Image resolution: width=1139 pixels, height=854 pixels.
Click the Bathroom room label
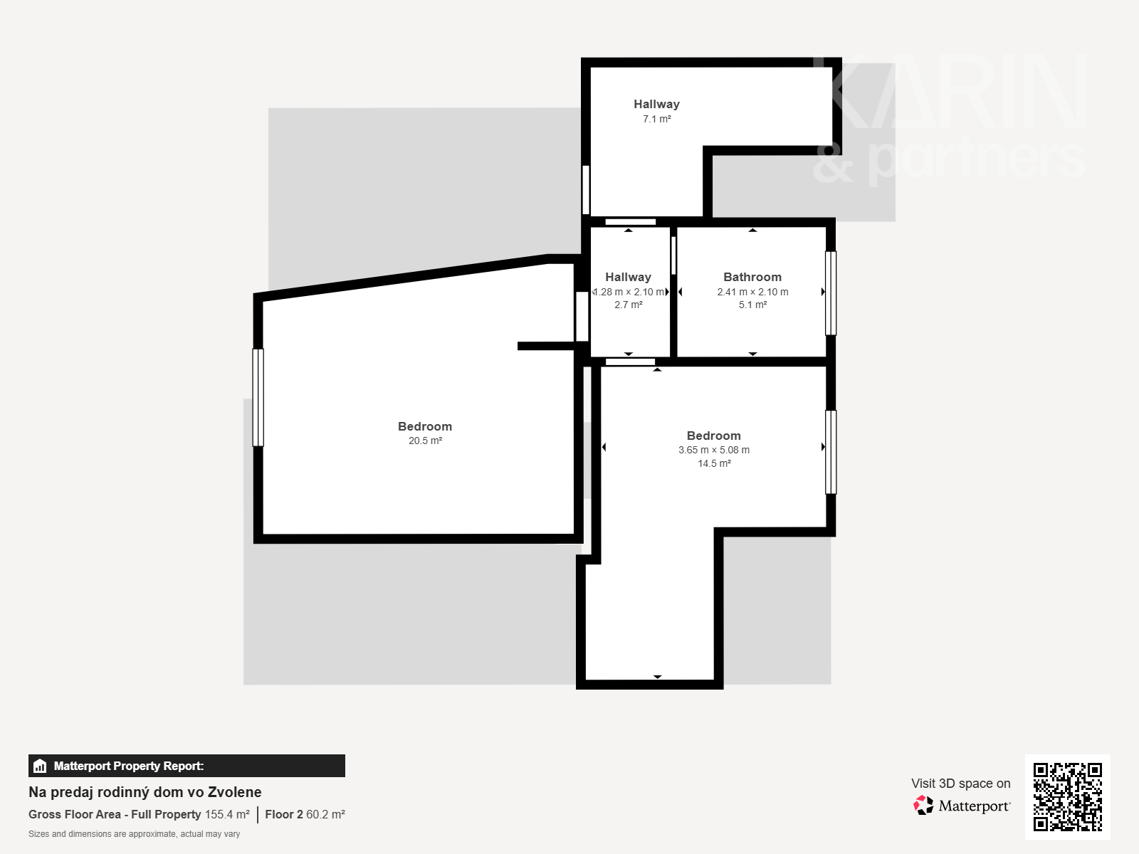click(x=752, y=277)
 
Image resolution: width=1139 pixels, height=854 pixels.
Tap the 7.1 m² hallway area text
click(x=656, y=119)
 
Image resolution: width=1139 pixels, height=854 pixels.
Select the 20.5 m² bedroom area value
click(x=425, y=441)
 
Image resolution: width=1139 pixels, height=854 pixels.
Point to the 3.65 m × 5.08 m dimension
click(x=713, y=450)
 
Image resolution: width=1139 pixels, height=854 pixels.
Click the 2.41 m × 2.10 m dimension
click(x=752, y=292)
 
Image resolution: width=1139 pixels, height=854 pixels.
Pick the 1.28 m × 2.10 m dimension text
click(x=629, y=292)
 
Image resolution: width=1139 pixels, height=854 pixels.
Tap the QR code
click(x=1067, y=796)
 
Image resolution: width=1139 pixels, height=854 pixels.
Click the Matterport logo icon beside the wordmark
click(x=923, y=806)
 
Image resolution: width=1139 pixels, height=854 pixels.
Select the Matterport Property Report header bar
click(x=187, y=765)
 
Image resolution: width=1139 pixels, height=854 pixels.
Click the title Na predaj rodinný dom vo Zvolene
click(x=145, y=792)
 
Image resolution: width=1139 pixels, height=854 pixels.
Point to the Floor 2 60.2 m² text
click(x=305, y=814)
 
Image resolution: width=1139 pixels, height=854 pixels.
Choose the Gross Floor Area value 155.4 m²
click(x=227, y=814)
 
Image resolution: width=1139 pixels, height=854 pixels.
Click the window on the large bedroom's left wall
click(x=258, y=398)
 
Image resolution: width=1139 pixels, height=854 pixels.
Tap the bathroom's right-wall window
click(x=831, y=293)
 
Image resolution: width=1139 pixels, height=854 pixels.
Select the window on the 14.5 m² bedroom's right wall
click(x=831, y=452)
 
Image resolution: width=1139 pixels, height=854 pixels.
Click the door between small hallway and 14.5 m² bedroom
click(x=630, y=362)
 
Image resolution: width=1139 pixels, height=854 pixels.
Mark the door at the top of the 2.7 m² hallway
click(x=631, y=222)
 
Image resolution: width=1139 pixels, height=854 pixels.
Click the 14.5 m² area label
click(x=714, y=463)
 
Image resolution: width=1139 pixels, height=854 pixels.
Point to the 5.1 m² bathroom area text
click(x=752, y=305)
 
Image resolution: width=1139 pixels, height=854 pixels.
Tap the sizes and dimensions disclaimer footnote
click(x=134, y=834)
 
